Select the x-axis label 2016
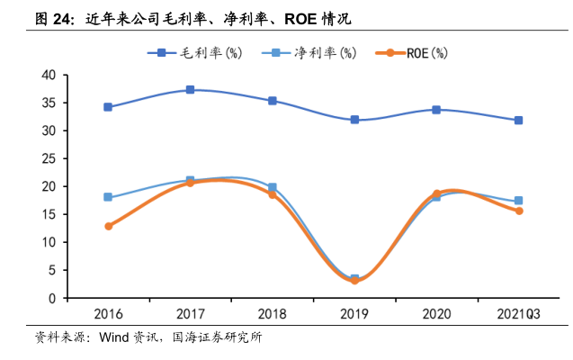[x=108, y=314]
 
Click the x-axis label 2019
[x=354, y=314]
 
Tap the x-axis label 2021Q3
[x=519, y=314]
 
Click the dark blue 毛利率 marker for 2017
[x=190, y=90]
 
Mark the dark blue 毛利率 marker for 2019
[x=354, y=120]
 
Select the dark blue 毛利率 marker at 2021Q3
[x=519, y=121]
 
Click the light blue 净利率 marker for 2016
[x=108, y=197]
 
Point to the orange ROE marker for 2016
[x=108, y=226]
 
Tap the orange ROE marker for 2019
[x=354, y=281]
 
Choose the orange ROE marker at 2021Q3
[x=519, y=211]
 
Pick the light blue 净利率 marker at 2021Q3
[x=519, y=201]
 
